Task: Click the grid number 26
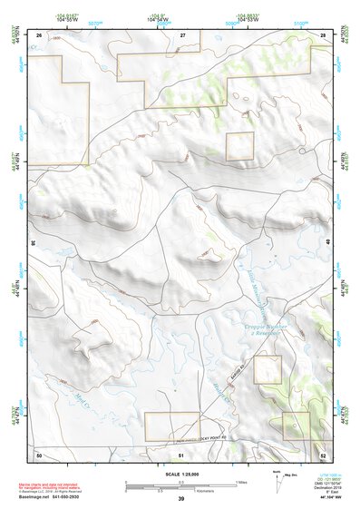[x=40, y=34]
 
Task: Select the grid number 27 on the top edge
[x=182, y=34]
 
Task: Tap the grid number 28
[x=323, y=34]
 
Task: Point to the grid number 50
[x=39, y=453]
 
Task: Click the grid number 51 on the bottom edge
[x=181, y=453]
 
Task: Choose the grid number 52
[x=323, y=453]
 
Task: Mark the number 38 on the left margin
[x=32, y=243]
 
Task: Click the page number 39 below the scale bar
[x=181, y=499]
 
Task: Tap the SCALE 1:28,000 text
[x=181, y=472]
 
